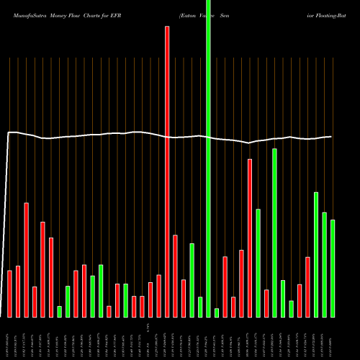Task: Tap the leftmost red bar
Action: [10, 294]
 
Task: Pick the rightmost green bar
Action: [332, 268]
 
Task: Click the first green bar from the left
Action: [59, 311]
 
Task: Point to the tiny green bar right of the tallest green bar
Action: [217, 312]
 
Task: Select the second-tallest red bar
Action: [250, 238]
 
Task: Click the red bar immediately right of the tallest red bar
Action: [175, 276]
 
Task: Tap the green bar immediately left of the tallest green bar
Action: [200, 307]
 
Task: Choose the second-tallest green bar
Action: [274, 233]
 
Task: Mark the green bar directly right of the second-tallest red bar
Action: [258, 263]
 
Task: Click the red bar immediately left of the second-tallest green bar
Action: [266, 303]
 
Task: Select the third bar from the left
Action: [26, 259]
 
